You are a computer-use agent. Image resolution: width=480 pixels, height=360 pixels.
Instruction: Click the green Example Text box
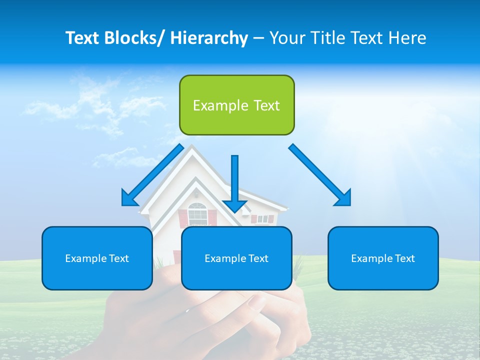236,105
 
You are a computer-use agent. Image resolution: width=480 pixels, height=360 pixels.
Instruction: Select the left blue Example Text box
97,258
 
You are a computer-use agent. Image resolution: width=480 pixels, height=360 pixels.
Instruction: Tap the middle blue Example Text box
236,258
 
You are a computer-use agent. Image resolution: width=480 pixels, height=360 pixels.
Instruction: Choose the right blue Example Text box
383,258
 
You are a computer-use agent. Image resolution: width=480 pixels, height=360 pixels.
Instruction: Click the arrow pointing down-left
152,175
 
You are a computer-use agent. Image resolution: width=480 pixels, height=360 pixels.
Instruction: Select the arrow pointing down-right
320,175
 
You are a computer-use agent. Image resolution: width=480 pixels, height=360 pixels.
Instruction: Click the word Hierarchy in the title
209,38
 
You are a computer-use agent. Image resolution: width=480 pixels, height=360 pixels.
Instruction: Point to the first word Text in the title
84,38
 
